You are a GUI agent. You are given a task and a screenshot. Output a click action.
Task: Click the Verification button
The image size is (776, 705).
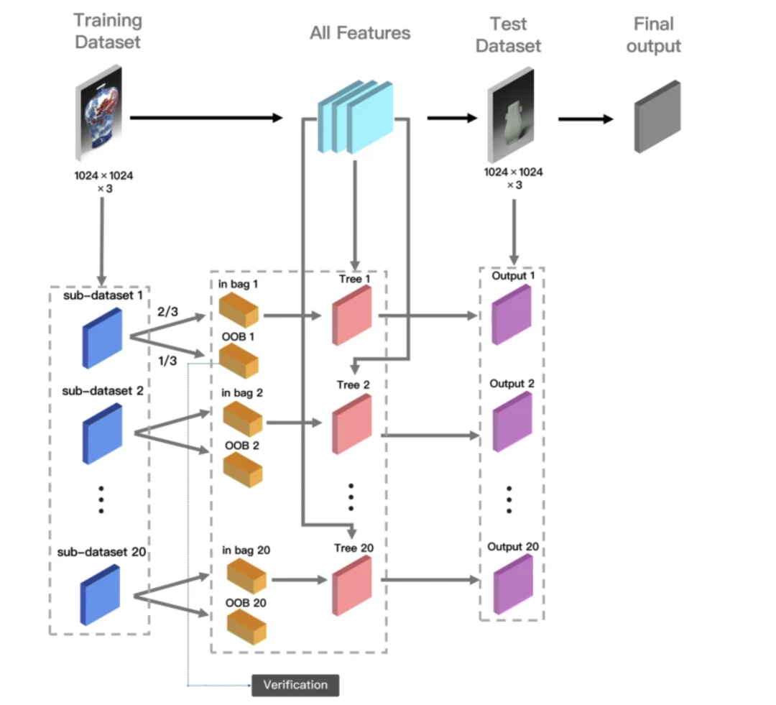pyautogui.click(x=295, y=685)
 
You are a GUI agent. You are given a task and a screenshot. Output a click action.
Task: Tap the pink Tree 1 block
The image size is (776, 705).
pyautogui.click(x=352, y=315)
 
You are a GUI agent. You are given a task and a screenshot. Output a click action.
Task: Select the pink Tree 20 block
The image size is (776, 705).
pyautogui.click(x=352, y=584)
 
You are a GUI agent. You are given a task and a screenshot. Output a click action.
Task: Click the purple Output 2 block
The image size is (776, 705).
pyautogui.click(x=512, y=421)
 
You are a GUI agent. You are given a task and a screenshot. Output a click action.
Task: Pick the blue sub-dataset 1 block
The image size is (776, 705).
pyautogui.click(x=102, y=338)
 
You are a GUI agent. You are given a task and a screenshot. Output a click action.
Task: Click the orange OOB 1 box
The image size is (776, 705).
pyautogui.click(x=239, y=361)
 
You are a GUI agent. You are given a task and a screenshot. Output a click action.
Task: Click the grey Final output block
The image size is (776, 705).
pyautogui.click(x=657, y=117)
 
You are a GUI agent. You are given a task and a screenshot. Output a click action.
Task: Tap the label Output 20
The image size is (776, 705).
pyautogui.click(x=513, y=547)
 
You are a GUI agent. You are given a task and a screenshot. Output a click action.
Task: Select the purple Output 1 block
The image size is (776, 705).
pyautogui.click(x=512, y=314)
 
